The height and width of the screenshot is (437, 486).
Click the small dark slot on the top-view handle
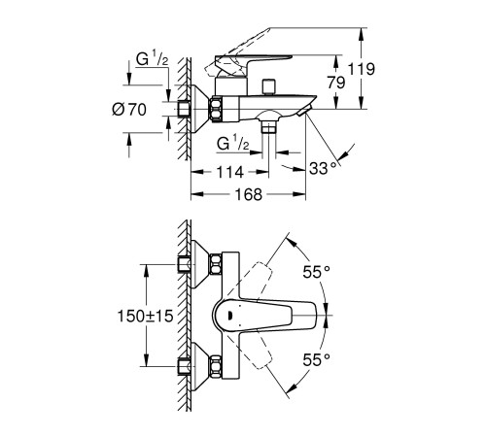[226, 314]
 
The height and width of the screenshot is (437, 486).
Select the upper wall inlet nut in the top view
[184, 264]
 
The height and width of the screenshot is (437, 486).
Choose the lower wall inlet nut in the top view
[184, 366]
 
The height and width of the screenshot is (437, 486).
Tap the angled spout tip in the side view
[309, 117]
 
